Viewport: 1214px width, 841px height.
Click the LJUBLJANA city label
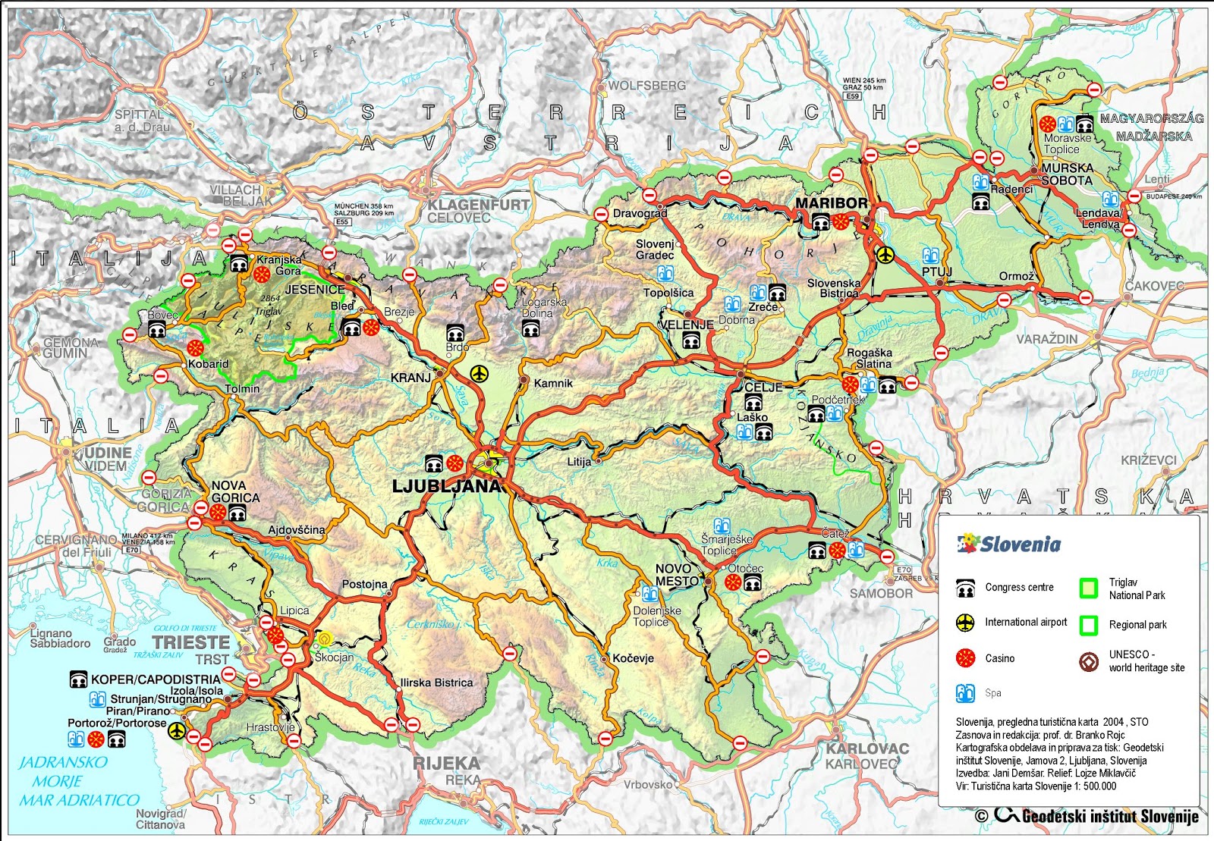[447, 486]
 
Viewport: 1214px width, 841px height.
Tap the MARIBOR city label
[831, 203]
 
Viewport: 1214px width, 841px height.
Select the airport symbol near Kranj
[479, 373]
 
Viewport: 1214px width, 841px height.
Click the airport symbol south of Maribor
[885, 255]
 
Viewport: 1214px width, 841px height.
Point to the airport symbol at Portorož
[177, 730]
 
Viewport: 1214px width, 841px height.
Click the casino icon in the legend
[965, 657]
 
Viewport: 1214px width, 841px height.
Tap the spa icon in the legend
[965, 692]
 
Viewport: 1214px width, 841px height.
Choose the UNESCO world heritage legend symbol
[1089, 661]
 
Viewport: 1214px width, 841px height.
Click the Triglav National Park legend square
[1089, 588]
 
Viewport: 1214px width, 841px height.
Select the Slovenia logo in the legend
[1009, 544]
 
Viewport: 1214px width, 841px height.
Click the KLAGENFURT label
[478, 205]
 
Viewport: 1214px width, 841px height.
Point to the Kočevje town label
[633, 658]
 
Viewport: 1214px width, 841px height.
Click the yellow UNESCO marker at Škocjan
[325, 639]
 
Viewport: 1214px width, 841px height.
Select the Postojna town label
[364, 585]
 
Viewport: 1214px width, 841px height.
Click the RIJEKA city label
[447, 763]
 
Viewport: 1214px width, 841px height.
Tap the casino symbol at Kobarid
[196, 347]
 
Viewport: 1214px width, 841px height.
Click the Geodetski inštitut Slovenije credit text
[1109, 816]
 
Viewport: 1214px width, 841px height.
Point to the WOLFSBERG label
[646, 86]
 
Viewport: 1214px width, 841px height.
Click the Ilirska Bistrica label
[436, 683]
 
